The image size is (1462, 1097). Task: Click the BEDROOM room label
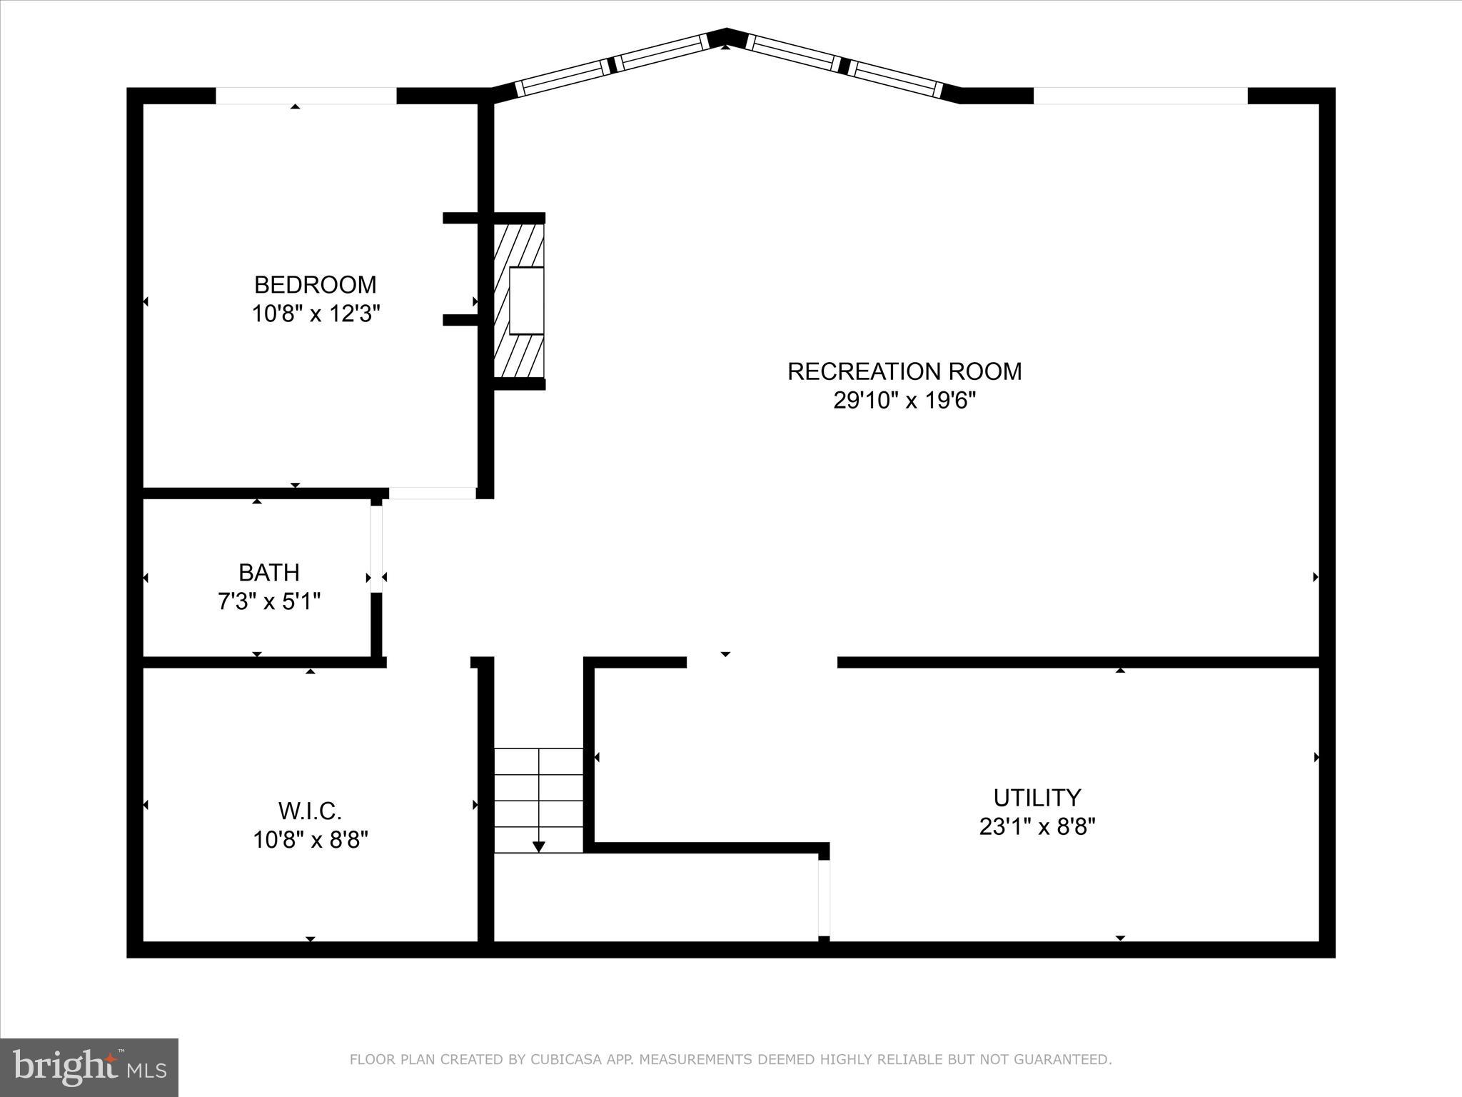click(x=315, y=285)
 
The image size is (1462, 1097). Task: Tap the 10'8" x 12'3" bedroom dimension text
click(x=315, y=314)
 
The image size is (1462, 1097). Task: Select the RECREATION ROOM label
click(x=904, y=371)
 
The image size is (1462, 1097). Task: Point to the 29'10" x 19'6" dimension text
click(x=904, y=401)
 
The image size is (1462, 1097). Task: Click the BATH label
click(x=268, y=573)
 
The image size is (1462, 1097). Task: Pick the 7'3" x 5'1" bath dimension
click(x=268, y=602)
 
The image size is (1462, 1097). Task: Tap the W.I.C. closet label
click(x=310, y=811)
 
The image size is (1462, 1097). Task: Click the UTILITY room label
click(x=1037, y=797)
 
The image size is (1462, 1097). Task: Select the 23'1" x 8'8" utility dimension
click(x=1037, y=827)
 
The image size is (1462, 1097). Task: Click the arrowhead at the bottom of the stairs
click(x=539, y=846)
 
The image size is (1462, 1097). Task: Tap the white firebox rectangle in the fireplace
click(x=526, y=301)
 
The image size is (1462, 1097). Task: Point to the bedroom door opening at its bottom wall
click(x=433, y=493)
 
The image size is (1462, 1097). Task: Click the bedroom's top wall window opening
click(x=306, y=96)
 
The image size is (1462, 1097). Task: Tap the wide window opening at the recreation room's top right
click(x=1140, y=96)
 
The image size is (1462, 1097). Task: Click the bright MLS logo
click(x=89, y=1068)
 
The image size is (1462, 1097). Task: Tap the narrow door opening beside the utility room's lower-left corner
click(x=824, y=898)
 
